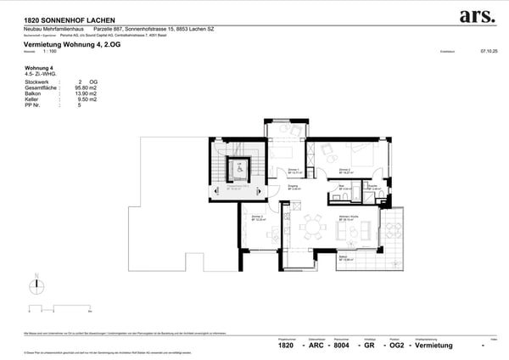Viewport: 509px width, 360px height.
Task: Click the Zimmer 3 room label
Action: (256, 217)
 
